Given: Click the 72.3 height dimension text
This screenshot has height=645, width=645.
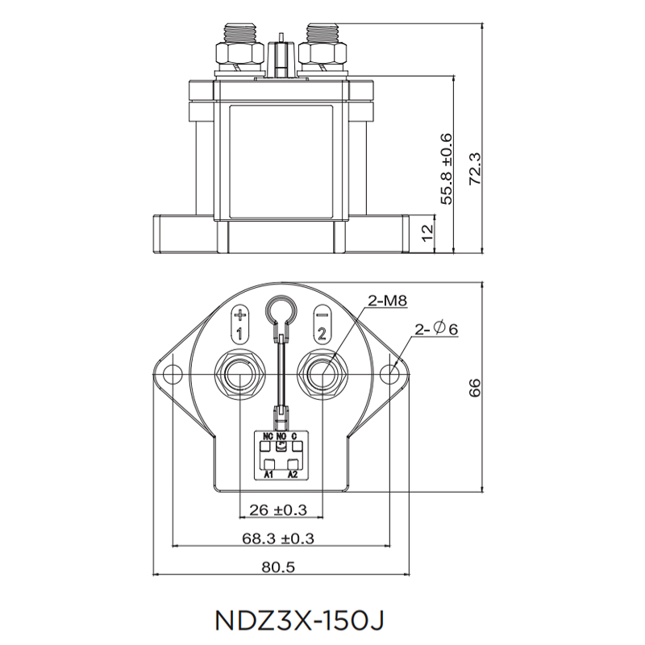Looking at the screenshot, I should coord(475,169).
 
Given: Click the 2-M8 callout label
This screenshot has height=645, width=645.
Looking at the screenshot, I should coord(386,302).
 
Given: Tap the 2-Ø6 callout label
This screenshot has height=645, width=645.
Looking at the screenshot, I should coord(436,329).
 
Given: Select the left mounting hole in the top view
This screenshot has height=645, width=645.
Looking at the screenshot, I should coord(173,375).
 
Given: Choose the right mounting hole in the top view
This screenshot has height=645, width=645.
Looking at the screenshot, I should coord(391,375).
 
